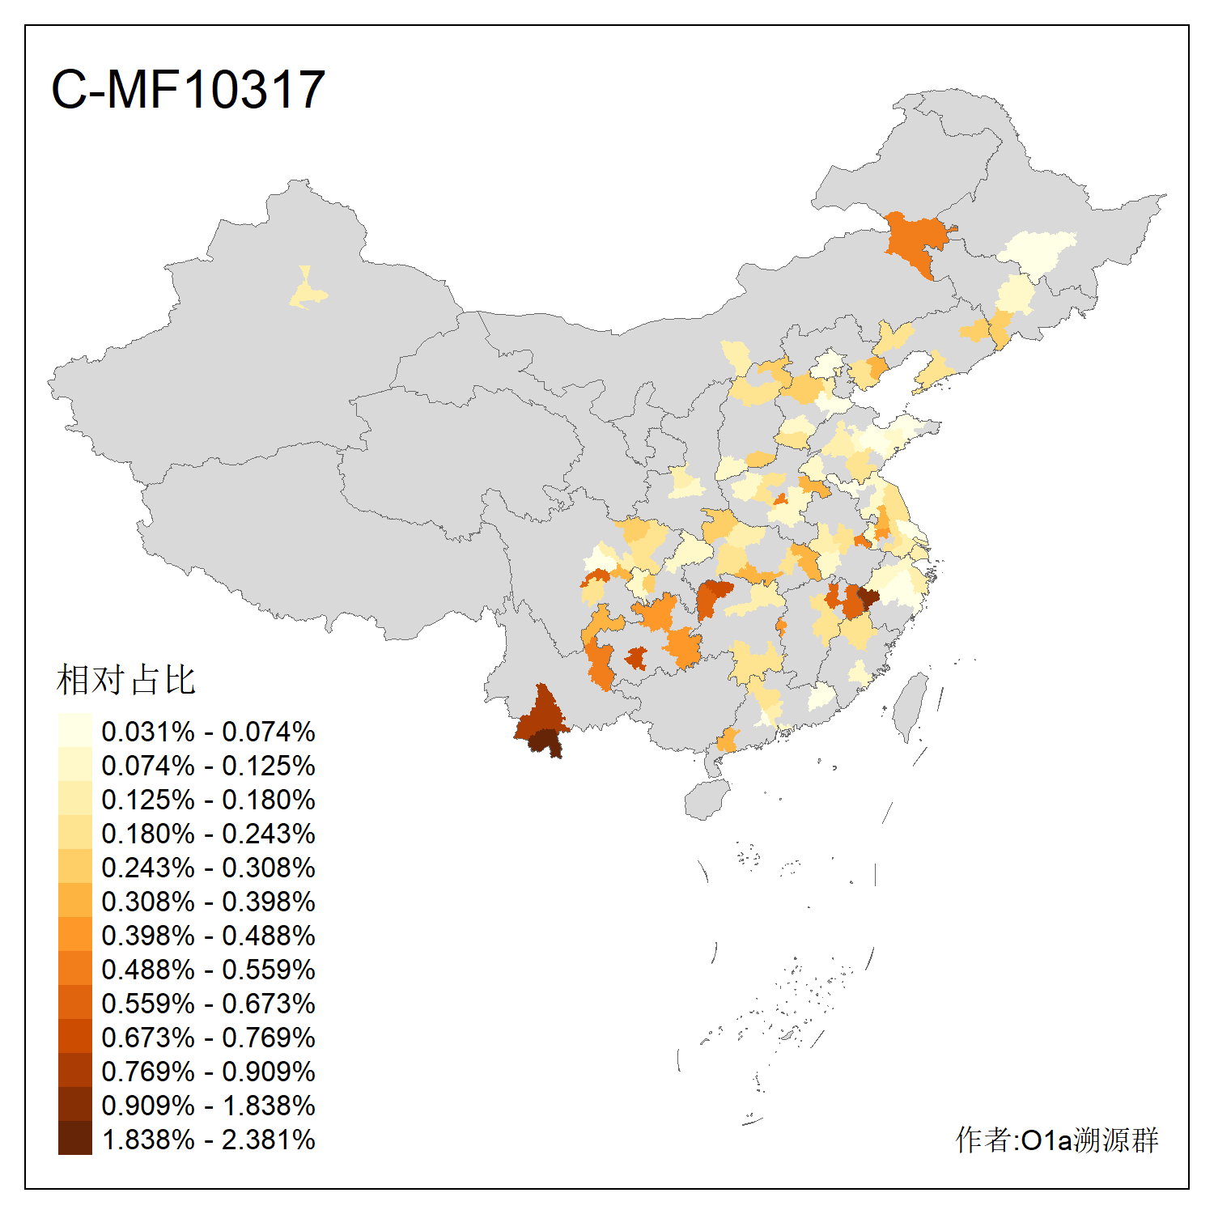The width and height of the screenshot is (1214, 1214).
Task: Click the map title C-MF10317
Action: point(188,89)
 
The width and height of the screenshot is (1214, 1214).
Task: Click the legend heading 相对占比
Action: point(126,680)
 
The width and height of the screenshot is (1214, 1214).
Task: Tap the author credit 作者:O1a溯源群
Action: point(1057,1140)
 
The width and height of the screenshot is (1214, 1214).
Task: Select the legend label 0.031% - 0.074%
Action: point(208,732)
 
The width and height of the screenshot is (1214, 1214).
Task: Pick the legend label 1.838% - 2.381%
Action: point(208,1140)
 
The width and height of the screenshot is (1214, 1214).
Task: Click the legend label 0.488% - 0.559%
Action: point(208,970)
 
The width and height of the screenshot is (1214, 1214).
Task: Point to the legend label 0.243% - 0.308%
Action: point(208,868)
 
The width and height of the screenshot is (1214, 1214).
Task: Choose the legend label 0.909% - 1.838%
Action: point(208,1106)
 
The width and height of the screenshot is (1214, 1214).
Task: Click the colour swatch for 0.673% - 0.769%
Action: point(74,1038)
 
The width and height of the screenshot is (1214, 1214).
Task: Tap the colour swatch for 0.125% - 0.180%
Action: point(74,800)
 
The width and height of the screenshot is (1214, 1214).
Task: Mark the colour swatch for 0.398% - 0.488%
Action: point(74,936)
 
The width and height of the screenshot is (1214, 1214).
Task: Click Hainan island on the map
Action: point(707,800)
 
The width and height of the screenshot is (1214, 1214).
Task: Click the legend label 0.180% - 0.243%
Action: point(208,834)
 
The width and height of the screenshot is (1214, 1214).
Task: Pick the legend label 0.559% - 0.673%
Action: point(208,1004)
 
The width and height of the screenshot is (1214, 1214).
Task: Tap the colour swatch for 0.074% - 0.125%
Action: point(74,766)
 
